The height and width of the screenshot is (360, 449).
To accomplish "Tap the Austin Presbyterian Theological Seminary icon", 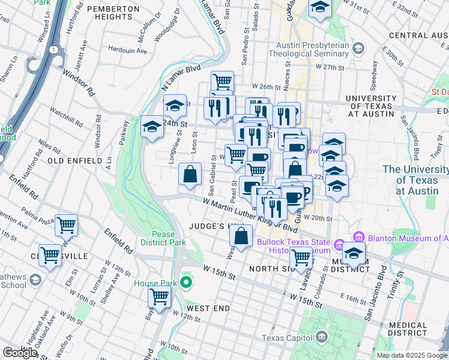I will [x=358, y=48].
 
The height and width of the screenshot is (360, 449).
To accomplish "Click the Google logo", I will [x=19, y=353].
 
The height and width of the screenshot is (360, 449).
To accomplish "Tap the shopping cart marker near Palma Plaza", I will [x=66, y=226].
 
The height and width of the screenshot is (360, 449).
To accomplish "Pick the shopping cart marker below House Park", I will [x=159, y=296].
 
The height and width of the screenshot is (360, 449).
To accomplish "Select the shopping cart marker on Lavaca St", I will [x=301, y=258].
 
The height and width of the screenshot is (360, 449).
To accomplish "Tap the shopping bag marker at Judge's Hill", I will [x=241, y=236].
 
